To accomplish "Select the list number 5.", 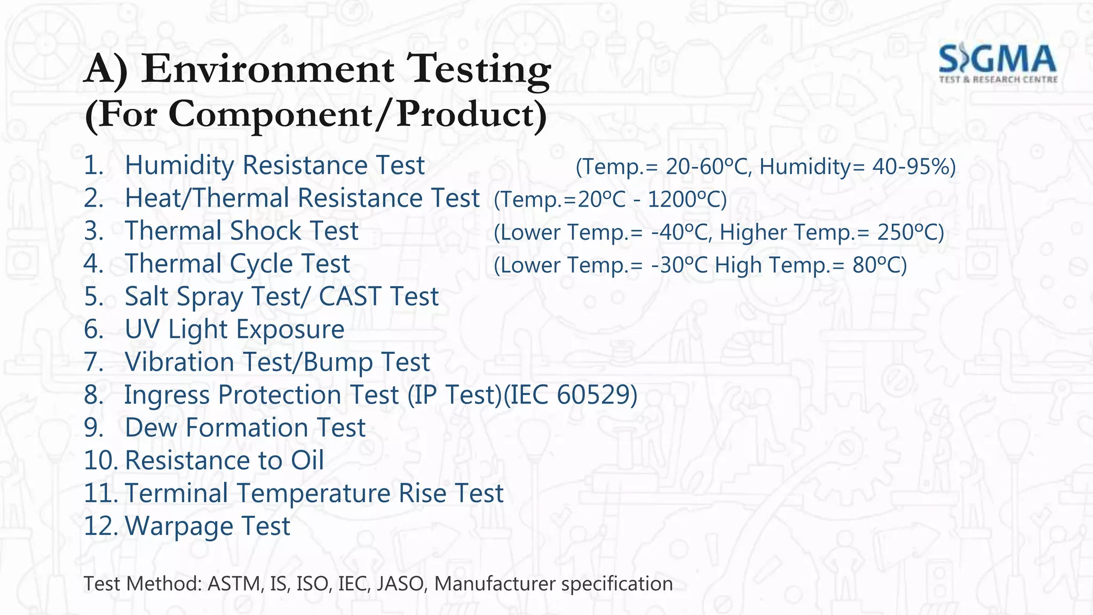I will click(94, 297).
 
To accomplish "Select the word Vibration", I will click(179, 362).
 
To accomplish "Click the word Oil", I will click(307, 461).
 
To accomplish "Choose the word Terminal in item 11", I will click(177, 493).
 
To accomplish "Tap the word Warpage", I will click(179, 526).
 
